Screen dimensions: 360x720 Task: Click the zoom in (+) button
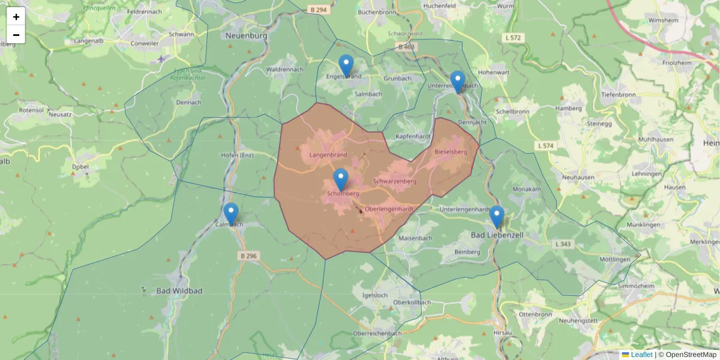(16, 17)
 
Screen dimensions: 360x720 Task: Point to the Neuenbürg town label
(246, 35)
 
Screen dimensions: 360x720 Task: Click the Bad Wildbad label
(179, 291)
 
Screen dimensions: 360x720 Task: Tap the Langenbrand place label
(328, 155)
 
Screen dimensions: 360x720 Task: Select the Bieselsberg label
(451, 152)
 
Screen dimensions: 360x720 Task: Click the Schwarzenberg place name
(394, 181)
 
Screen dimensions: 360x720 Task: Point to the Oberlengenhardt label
(389, 209)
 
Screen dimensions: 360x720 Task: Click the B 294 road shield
(319, 10)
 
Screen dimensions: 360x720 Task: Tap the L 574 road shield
(545, 146)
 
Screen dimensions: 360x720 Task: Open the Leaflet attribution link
(641, 355)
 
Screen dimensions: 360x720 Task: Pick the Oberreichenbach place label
(377, 333)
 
